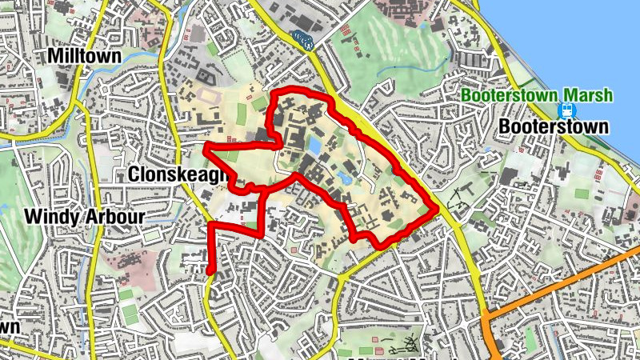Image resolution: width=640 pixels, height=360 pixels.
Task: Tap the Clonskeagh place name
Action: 173,174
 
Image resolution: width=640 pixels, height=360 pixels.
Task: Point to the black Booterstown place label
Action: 553,126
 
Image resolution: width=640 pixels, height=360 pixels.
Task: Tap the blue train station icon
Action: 569,110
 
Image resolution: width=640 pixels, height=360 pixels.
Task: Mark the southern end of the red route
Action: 210,272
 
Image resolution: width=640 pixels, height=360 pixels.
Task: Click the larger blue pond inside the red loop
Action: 314,146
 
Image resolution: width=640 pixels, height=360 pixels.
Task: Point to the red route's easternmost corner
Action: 435,210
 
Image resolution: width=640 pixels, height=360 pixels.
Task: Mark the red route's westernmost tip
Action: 205,149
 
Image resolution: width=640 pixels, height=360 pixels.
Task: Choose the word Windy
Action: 50,217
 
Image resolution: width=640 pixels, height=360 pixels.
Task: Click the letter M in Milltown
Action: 55,55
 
